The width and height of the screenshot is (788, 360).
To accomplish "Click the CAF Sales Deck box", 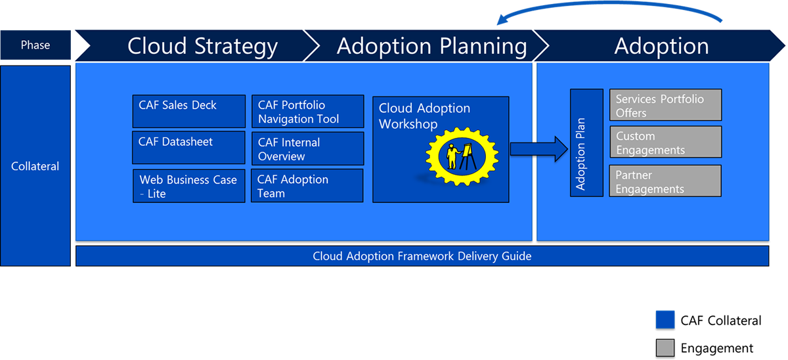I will click(189, 112).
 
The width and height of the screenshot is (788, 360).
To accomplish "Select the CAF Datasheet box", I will click(189, 148).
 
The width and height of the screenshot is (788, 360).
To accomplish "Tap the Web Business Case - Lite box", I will click(189, 186).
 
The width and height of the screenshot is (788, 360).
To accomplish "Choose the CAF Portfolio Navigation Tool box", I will click(307, 112).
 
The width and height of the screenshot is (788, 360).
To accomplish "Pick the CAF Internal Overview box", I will click(307, 148).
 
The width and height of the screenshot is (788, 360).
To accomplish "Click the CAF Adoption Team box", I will click(307, 186).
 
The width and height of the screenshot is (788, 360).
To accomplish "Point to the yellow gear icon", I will click(462, 156).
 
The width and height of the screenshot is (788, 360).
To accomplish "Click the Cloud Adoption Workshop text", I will click(424, 116).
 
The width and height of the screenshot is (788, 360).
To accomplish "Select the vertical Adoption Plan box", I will click(586, 143).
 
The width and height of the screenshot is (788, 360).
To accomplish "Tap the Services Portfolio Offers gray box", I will click(665, 105).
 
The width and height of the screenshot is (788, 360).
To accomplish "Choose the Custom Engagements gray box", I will click(665, 143).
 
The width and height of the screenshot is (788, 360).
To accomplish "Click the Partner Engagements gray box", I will click(665, 181).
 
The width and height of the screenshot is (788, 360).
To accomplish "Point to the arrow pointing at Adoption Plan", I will click(538, 149).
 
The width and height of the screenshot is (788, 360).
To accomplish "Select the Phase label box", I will click(35, 45).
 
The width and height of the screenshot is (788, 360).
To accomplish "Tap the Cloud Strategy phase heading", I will click(202, 46).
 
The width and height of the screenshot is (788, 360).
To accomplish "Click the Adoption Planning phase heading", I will click(431, 46).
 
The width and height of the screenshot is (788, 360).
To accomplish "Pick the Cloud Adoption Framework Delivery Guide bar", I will click(422, 256).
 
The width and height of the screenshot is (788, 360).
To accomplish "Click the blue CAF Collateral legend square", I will click(665, 320).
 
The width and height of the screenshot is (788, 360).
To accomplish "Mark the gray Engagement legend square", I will click(665, 348).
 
